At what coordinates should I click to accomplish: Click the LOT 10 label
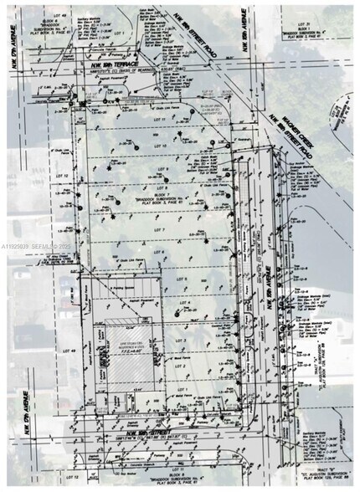[165, 143]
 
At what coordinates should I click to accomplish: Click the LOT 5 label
[164, 279]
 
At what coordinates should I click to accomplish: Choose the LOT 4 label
[164, 303]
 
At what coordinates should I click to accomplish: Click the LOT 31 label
[302, 26]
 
